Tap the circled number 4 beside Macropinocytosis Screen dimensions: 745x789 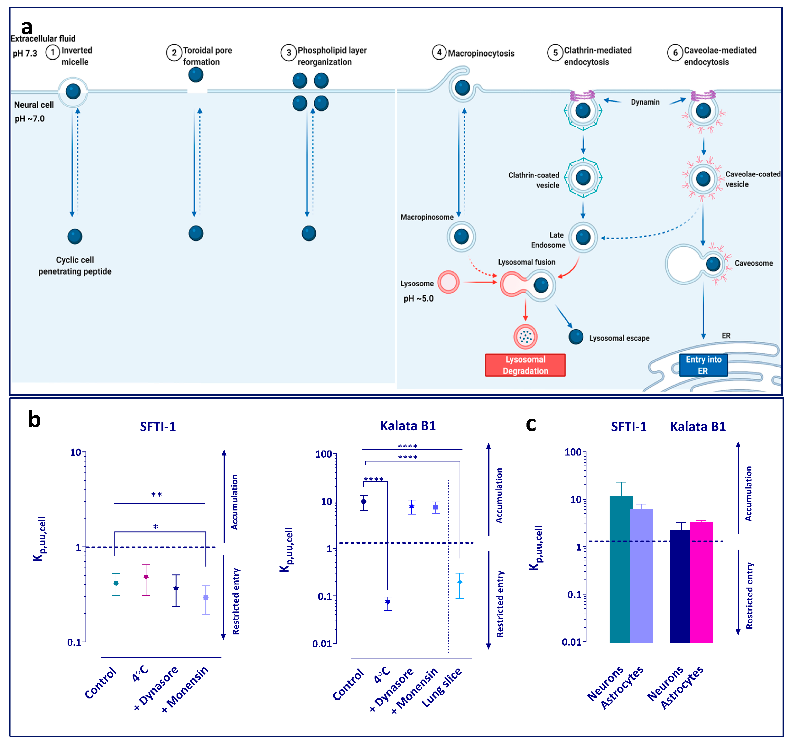(x=439, y=52)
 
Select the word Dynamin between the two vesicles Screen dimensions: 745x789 (x=645, y=102)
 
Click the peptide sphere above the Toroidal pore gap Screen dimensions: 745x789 (x=196, y=75)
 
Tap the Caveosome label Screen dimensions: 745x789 (x=753, y=263)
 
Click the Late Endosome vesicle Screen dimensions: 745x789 (x=583, y=237)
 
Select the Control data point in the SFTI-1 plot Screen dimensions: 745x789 (x=116, y=583)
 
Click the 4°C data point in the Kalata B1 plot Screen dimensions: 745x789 (x=387, y=602)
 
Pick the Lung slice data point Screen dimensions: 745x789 (x=459, y=582)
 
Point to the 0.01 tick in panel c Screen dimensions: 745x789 (x=571, y=642)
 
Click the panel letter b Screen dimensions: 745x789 (x=35, y=420)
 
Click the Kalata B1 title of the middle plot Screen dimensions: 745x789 (x=408, y=426)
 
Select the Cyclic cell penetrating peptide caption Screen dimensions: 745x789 (x=75, y=266)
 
